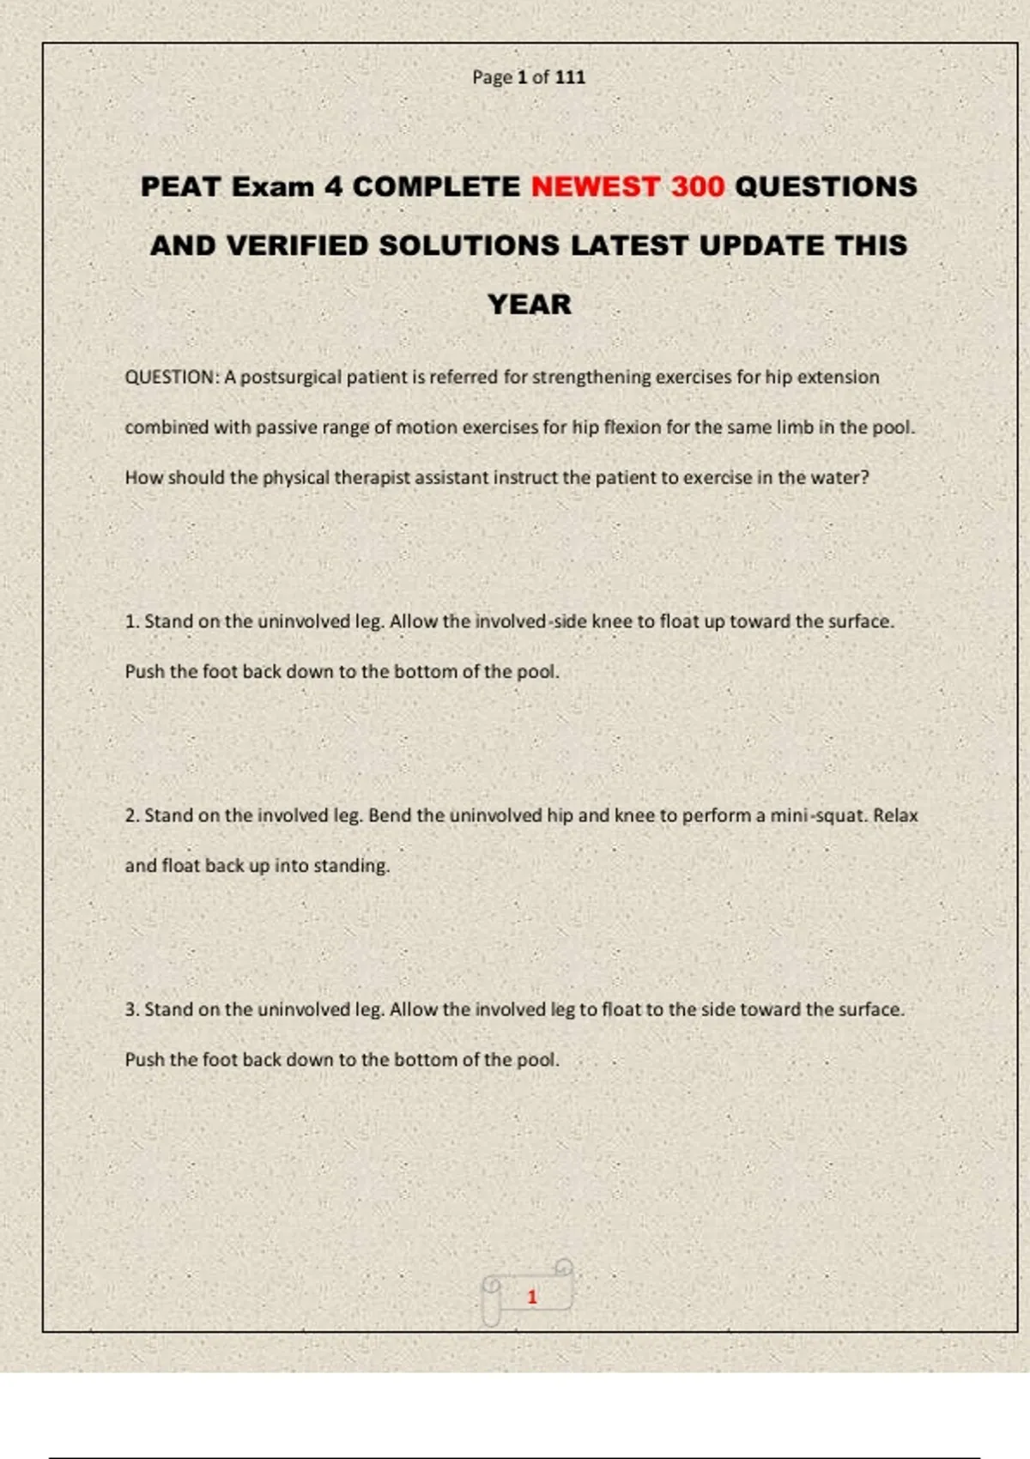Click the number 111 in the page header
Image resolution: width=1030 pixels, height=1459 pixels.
(570, 77)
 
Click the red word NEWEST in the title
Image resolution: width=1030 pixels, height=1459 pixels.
(594, 187)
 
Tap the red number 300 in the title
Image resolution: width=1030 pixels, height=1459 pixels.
(698, 187)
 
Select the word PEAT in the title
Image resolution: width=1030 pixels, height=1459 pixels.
(180, 187)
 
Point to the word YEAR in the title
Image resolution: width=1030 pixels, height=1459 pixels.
(529, 305)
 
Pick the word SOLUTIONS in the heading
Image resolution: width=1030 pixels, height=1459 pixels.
(469, 246)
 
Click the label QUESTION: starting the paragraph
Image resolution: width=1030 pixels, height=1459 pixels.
(172, 378)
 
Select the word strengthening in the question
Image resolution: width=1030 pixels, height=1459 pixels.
(591, 378)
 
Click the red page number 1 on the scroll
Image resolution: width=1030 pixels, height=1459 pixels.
(531, 1297)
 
